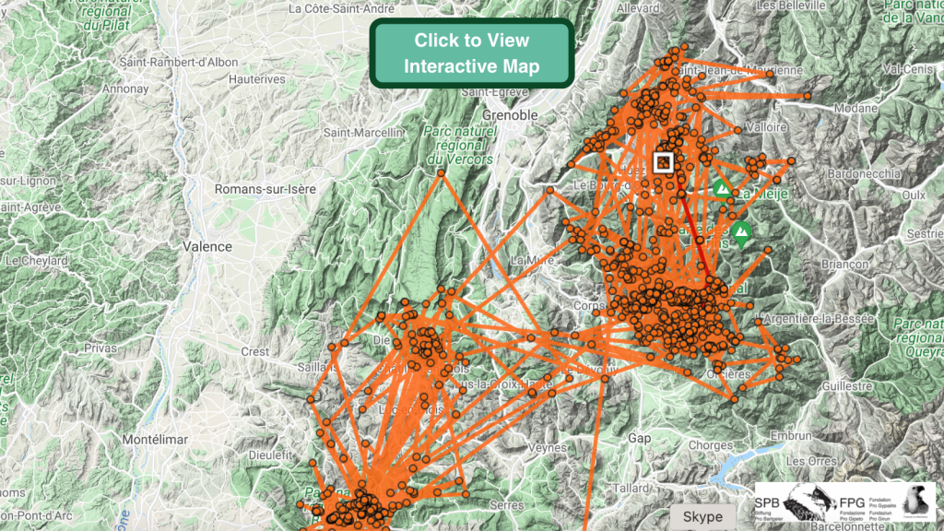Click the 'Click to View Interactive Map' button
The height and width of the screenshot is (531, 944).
pyautogui.click(x=471, y=53)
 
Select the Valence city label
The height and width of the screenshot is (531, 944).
pyautogui.click(x=207, y=246)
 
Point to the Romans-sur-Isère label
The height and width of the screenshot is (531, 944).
pyautogui.click(x=265, y=188)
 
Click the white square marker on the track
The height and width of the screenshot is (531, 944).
pyautogui.click(x=663, y=162)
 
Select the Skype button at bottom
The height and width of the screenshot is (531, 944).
pyautogui.click(x=702, y=517)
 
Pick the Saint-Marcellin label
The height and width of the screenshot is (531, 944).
pyautogui.click(x=363, y=133)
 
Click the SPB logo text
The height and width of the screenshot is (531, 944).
pyautogui.click(x=767, y=503)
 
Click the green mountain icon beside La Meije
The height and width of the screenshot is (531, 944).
pyautogui.click(x=723, y=190)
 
